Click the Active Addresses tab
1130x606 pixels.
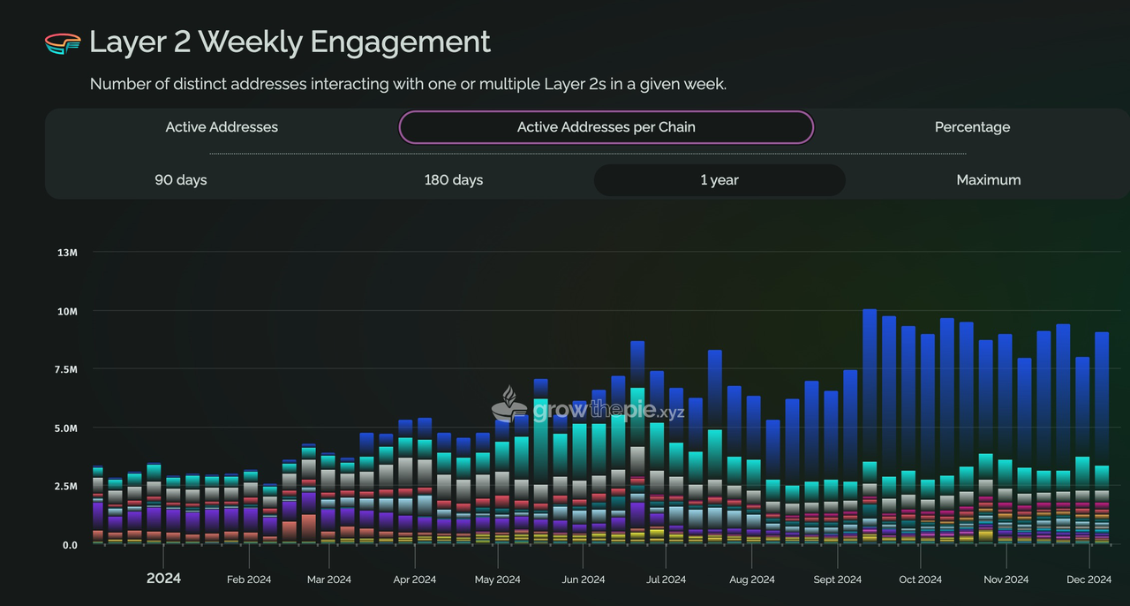tap(222, 127)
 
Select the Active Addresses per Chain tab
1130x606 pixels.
tap(606, 127)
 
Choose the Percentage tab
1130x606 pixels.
tap(972, 127)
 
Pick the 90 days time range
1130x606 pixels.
tap(180, 180)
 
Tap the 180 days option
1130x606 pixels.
tap(453, 180)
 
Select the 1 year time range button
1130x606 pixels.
tap(719, 180)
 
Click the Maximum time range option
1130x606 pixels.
tap(988, 180)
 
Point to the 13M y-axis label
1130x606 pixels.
tap(67, 253)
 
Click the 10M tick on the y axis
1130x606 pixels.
tap(67, 312)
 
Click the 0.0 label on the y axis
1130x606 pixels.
tap(69, 545)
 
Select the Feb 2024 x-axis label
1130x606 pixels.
tap(249, 579)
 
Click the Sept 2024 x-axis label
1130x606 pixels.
tap(837, 579)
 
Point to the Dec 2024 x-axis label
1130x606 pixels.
tap(1089, 579)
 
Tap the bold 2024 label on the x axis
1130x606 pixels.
tap(163, 579)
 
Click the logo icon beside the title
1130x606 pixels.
tap(62, 42)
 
